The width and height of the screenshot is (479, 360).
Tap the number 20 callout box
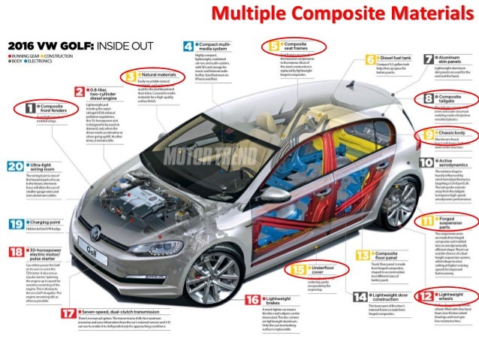click(x=14, y=166)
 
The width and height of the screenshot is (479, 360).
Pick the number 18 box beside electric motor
click(x=14, y=252)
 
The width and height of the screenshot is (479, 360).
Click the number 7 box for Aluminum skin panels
click(x=428, y=59)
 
